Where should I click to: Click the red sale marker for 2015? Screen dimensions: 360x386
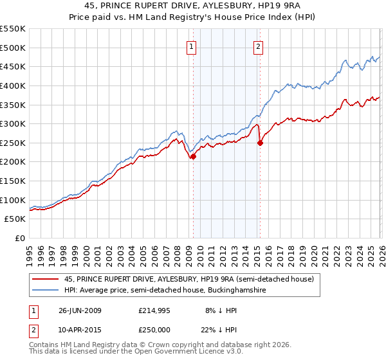pyautogui.click(x=260, y=143)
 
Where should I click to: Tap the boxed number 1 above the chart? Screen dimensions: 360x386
pyautogui.click(x=192, y=46)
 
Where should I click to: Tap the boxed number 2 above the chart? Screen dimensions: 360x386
pyautogui.click(x=258, y=46)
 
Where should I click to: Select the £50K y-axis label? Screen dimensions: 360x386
pyautogui.click(x=15, y=219)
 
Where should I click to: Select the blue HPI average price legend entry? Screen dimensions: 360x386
pyautogui.click(x=165, y=291)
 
